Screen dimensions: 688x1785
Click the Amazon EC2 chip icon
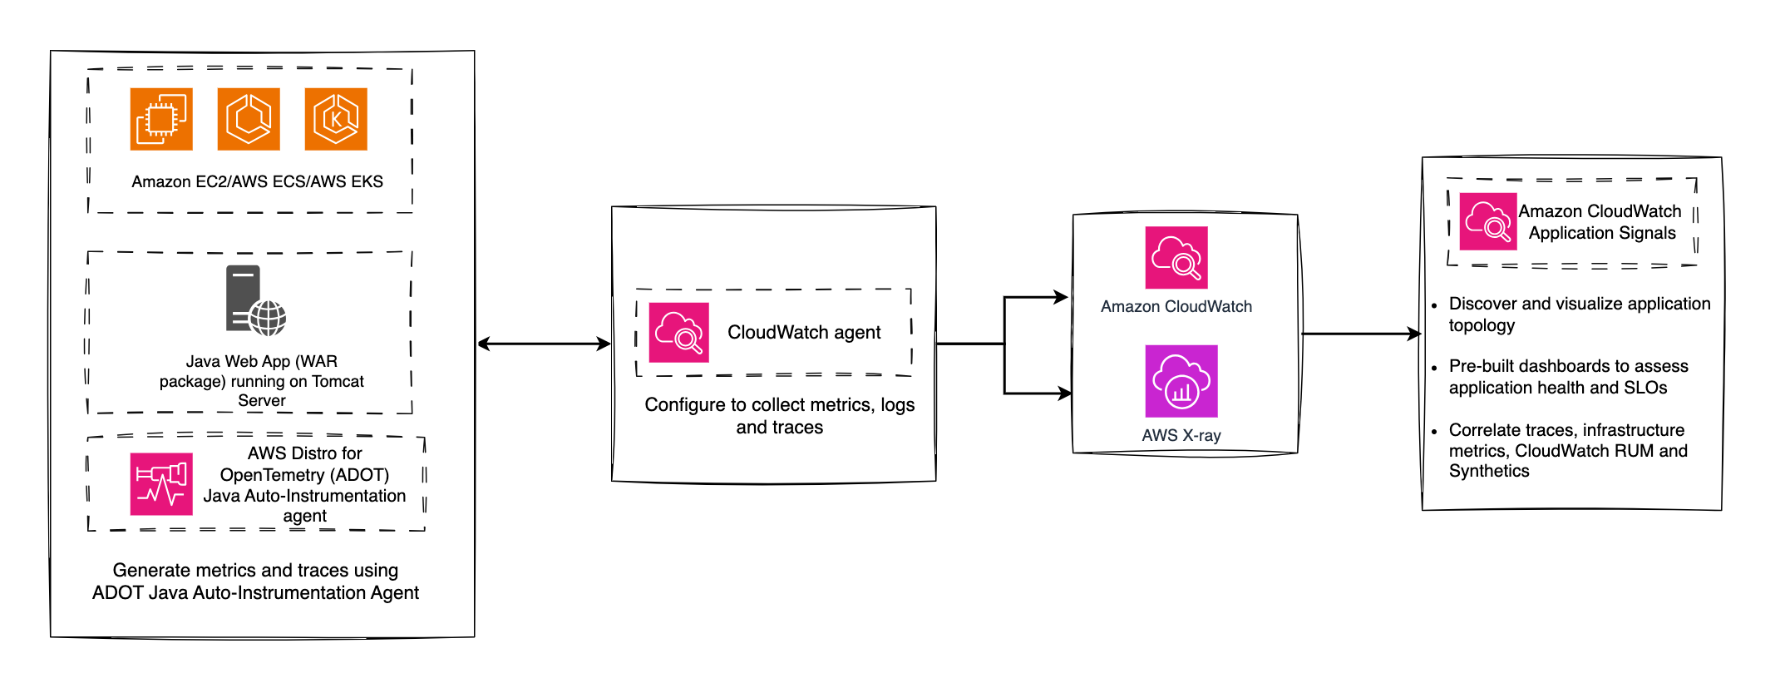point(161,119)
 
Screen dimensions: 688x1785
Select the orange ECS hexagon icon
point(249,119)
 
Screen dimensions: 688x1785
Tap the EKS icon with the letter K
point(336,119)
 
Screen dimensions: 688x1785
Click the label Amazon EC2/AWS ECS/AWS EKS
point(257,181)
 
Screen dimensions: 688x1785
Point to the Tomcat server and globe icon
point(254,300)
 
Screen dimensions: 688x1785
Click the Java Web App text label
point(261,380)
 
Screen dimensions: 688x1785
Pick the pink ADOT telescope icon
point(161,484)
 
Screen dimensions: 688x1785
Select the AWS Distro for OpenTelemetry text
point(304,484)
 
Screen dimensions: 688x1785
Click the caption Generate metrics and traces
point(255,581)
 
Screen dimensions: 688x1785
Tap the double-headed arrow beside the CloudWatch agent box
point(544,344)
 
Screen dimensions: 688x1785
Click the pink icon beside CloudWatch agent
point(678,333)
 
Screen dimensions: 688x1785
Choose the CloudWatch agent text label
point(803,333)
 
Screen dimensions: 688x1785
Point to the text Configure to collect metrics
point(779,415)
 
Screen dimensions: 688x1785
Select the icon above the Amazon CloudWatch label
point(1176,258)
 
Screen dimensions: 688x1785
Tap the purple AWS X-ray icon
point(1181,381)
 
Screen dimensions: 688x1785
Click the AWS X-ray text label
point(1181,435)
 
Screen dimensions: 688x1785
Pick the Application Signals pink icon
point(1488,222)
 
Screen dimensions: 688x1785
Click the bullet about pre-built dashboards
point(1568,377)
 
